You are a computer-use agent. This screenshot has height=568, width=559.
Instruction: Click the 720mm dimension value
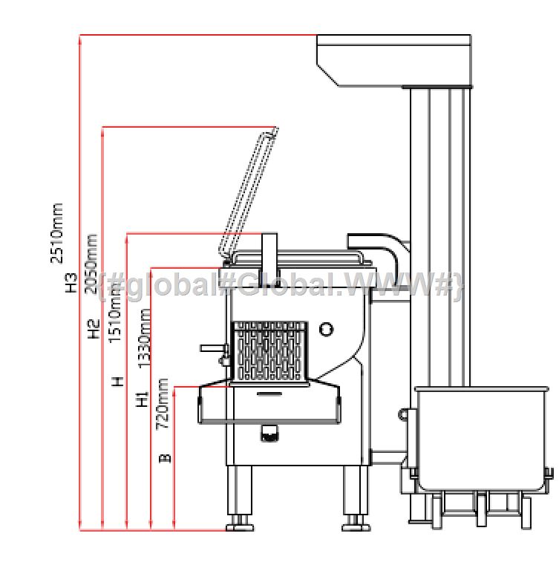(x=163, y=404)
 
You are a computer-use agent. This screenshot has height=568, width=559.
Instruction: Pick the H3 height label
(x=71, y=283)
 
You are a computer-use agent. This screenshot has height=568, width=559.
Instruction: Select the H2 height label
(x=94, y=329)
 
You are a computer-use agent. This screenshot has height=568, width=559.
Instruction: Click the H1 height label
(x=143, y=399)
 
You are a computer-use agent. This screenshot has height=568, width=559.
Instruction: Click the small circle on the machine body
(x=326, y=330)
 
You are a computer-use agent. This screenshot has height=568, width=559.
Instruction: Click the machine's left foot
(x=239, y=524)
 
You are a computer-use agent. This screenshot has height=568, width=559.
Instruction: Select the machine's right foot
(x=355, y=524)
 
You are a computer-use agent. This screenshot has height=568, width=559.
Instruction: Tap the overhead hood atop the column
(x=393, y=59)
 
